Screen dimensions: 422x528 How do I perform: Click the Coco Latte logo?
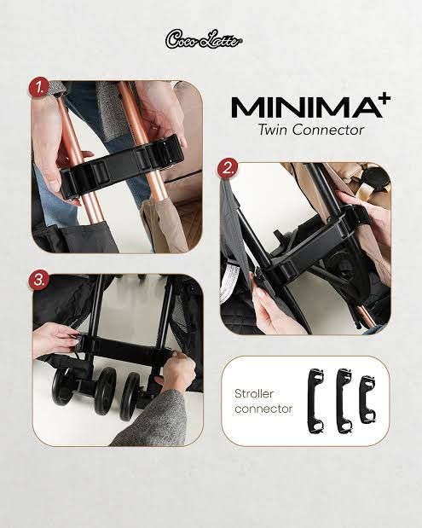(x=204, y=40)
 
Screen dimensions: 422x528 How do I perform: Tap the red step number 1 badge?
(x=39, y=89)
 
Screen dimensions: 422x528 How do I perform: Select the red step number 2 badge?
(x=228, y=168)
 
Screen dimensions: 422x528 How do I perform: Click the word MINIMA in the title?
(x=306, y=107)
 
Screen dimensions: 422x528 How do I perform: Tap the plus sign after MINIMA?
(x=385, y=98)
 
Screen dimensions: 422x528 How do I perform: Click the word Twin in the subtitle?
(x=273, y=130)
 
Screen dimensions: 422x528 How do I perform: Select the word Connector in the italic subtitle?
(x=327, y=130)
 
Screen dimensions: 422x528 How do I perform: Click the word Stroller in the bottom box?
(x=254, y=393)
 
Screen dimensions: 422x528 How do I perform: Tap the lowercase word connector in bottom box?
(x=263, y=409)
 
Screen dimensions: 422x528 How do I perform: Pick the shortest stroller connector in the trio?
(x=367, y=399)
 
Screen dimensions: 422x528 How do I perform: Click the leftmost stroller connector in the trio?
(x=316, y=400)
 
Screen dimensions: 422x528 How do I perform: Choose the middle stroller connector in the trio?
(x=344, y=400)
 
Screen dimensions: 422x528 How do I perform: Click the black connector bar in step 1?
(x=122, y=164)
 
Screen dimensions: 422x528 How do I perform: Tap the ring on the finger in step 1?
(x=153, y=128)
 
